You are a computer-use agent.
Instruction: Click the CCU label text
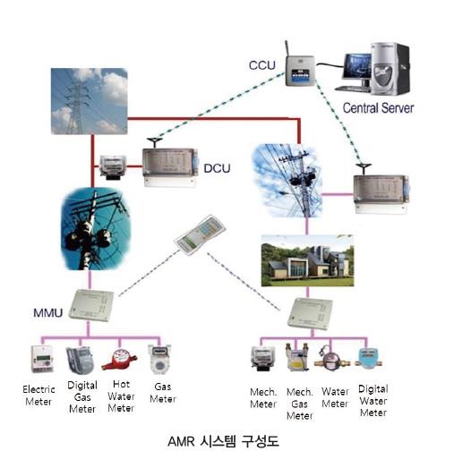pyautogui.click(x=262, y=65)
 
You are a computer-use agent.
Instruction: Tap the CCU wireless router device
pyautogui.click(x=300, y=69)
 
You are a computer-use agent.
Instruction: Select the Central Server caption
pyautogui.click(x=378, y=108)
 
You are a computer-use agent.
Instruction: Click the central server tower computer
pyautogui.click(x=390, y=69)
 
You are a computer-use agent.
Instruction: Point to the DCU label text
pyautogui.click(x=217, y=168)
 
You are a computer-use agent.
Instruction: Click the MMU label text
pyautogui.click(x=47, y=313)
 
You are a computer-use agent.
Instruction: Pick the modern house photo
pyautogui.click(x=307, y=260)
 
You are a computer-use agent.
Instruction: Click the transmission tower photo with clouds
pyautogui.click(x=89, y=101)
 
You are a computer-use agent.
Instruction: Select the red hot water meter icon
pyautogui.click(x=119, y=359)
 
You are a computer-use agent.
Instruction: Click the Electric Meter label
pyautogui.click(x=39, y=396)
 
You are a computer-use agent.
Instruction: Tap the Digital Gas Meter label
pyautogui.click(x=82, y=397)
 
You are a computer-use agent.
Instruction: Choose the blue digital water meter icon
pyautogui.click(x=368, y=360)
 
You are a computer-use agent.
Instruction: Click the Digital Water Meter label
pyautogui.click(x=373, y=401)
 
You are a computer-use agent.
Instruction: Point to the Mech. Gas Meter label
pyautogui.click(x=300, y=404)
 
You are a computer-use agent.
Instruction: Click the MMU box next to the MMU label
pyautogui.click(x=91, y=305)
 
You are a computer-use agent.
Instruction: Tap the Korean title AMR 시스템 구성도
pyautogui.click(x=223, y=442)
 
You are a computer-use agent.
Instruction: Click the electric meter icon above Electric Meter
pyautogui.click(x=42, y=360)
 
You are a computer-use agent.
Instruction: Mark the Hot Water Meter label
pyautogui.click(x=121, y=396)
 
